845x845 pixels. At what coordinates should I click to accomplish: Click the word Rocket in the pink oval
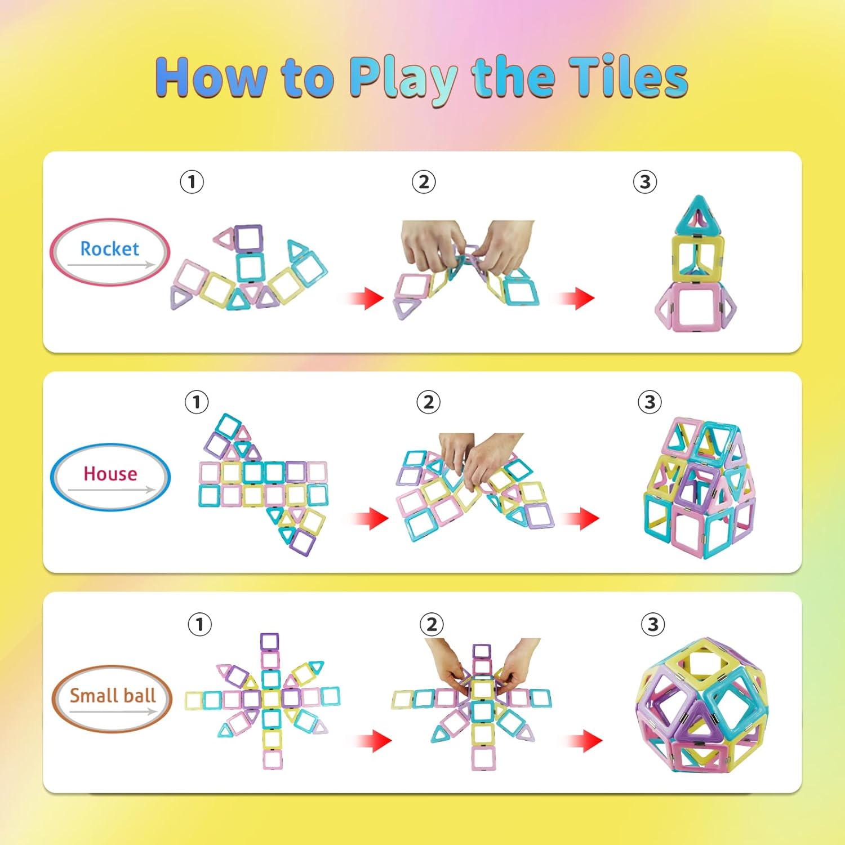tap(109, 248)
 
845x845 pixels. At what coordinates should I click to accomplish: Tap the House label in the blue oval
tap(110, 474)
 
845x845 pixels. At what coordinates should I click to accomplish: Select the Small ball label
tap(113, 696)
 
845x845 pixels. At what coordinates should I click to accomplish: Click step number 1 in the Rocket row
tap(192, 182)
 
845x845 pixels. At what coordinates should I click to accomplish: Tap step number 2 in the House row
tap(428, 402)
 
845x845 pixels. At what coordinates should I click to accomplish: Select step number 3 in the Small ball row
tap(653, 624)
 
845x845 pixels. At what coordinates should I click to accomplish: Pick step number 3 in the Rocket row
tap(645, 182)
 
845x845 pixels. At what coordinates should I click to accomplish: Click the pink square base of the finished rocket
tap(696, 307)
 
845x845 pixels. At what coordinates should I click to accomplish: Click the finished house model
tap(699, 487)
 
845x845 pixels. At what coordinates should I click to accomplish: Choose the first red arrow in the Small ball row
tap(374, 740)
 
